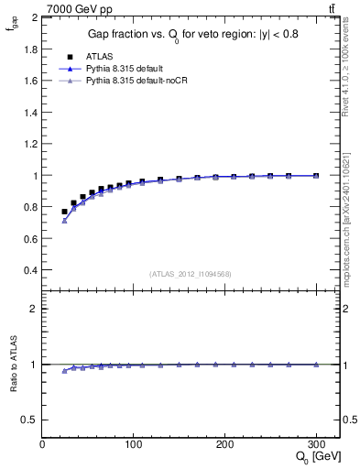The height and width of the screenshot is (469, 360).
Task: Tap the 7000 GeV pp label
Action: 78,9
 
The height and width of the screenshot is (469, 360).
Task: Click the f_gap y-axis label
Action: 12,27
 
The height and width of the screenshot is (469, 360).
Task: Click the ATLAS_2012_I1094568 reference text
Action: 190,274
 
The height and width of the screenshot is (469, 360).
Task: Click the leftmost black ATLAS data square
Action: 64,212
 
